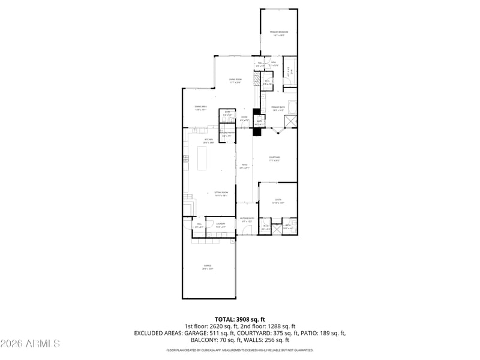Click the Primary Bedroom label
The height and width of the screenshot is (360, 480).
(x=278, y=32)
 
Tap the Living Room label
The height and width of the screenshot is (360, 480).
(x=235, y=80)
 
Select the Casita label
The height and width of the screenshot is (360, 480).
(x=278, y=200)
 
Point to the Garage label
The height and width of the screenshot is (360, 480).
(x=207, y=266)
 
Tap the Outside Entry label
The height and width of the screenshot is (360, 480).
(x=247, y=218)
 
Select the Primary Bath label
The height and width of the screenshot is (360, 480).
(x=278, y=107)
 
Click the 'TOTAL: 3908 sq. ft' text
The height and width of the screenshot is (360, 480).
(x=239, y=319)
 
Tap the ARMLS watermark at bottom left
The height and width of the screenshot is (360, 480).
(x=30, y=344)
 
